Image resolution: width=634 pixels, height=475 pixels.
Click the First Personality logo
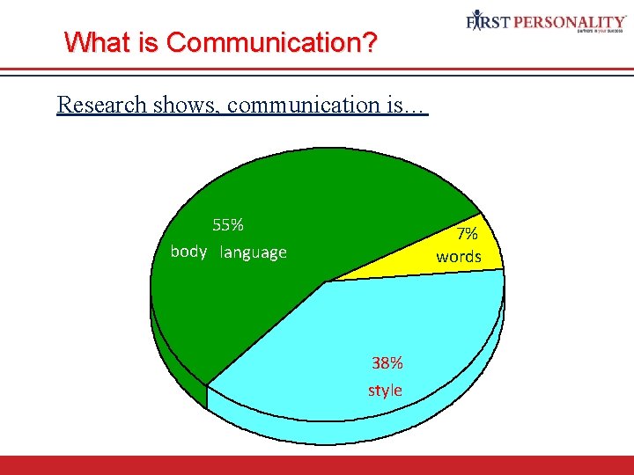pyautogui.click(x=545, y=21)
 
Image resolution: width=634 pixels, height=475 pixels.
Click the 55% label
pyautogui.click(x=228, y=224)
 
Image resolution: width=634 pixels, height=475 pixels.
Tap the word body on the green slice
pyautogui.click(x=188, y=252)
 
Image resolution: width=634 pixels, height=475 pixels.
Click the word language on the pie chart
pyautogui.click(x=254, y=252)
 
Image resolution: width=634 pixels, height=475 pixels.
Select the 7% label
pyautogui.click(x=467, y=234)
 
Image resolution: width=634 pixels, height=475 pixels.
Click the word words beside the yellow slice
pyautogui.click(x=459, y=257)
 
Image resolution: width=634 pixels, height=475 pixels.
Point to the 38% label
pyautogui.click(x=387, y=362)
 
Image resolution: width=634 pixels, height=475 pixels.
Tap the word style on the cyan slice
pyautogui.click(x=385, y=390)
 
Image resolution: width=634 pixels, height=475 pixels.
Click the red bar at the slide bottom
pyautogui.click(x=317, y=465)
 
